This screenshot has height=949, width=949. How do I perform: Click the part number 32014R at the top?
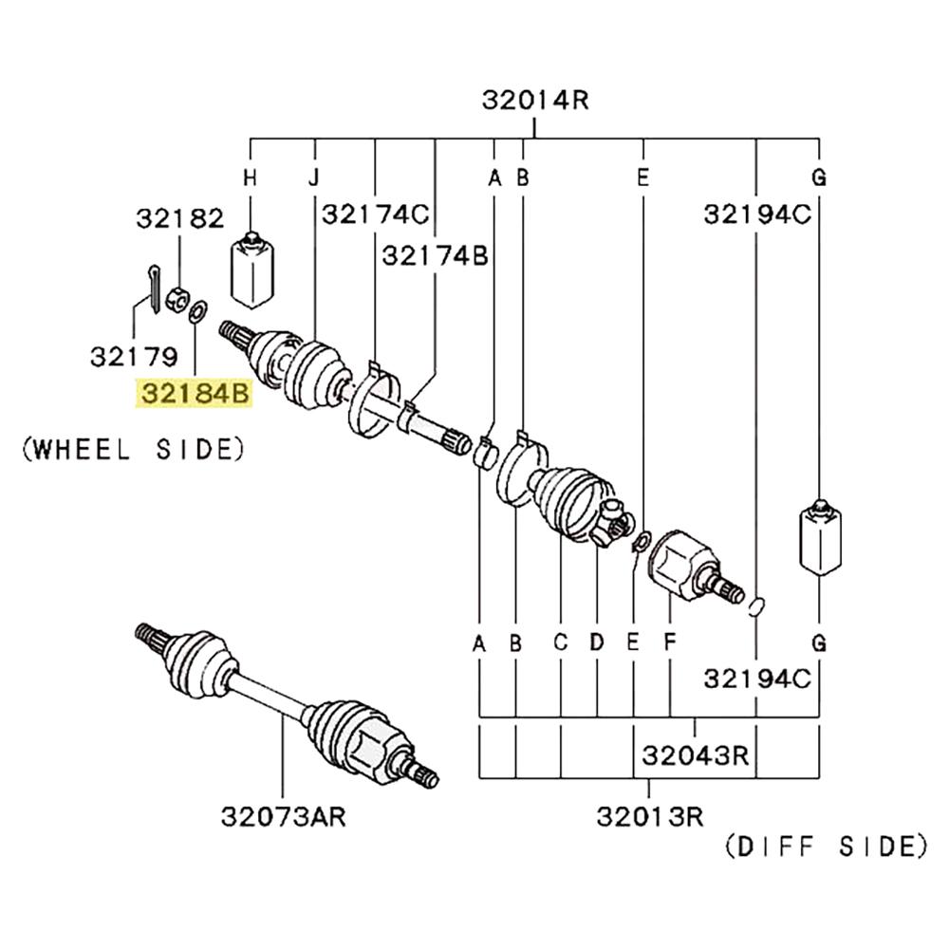[x=534, y=100]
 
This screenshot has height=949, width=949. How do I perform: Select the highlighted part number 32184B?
[x=195, y=393]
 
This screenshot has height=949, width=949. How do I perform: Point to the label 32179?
[x=134, y=357]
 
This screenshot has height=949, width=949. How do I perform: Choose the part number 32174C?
[x=375, y=214]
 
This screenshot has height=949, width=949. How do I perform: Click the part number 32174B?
[x=435, y=254]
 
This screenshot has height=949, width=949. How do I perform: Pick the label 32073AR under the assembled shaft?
[x=283, y=816]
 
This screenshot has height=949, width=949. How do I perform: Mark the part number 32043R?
[x=696, y=756]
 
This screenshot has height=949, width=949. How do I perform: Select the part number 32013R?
[x=650, y=815]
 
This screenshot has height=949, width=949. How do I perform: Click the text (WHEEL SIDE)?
[x=132, y=449]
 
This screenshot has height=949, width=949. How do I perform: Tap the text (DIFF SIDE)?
[x=825, y=846]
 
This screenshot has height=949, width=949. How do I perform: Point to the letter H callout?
[x=251, y=177]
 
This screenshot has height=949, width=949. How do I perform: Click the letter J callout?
[x=314, y=177]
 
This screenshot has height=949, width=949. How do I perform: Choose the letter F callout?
[x=670, y=643]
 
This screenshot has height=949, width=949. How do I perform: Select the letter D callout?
[x=597, y=643]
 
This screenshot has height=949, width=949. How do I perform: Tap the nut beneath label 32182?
[x=177, y=300]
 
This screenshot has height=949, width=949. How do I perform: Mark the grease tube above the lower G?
[x=818, y=537]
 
